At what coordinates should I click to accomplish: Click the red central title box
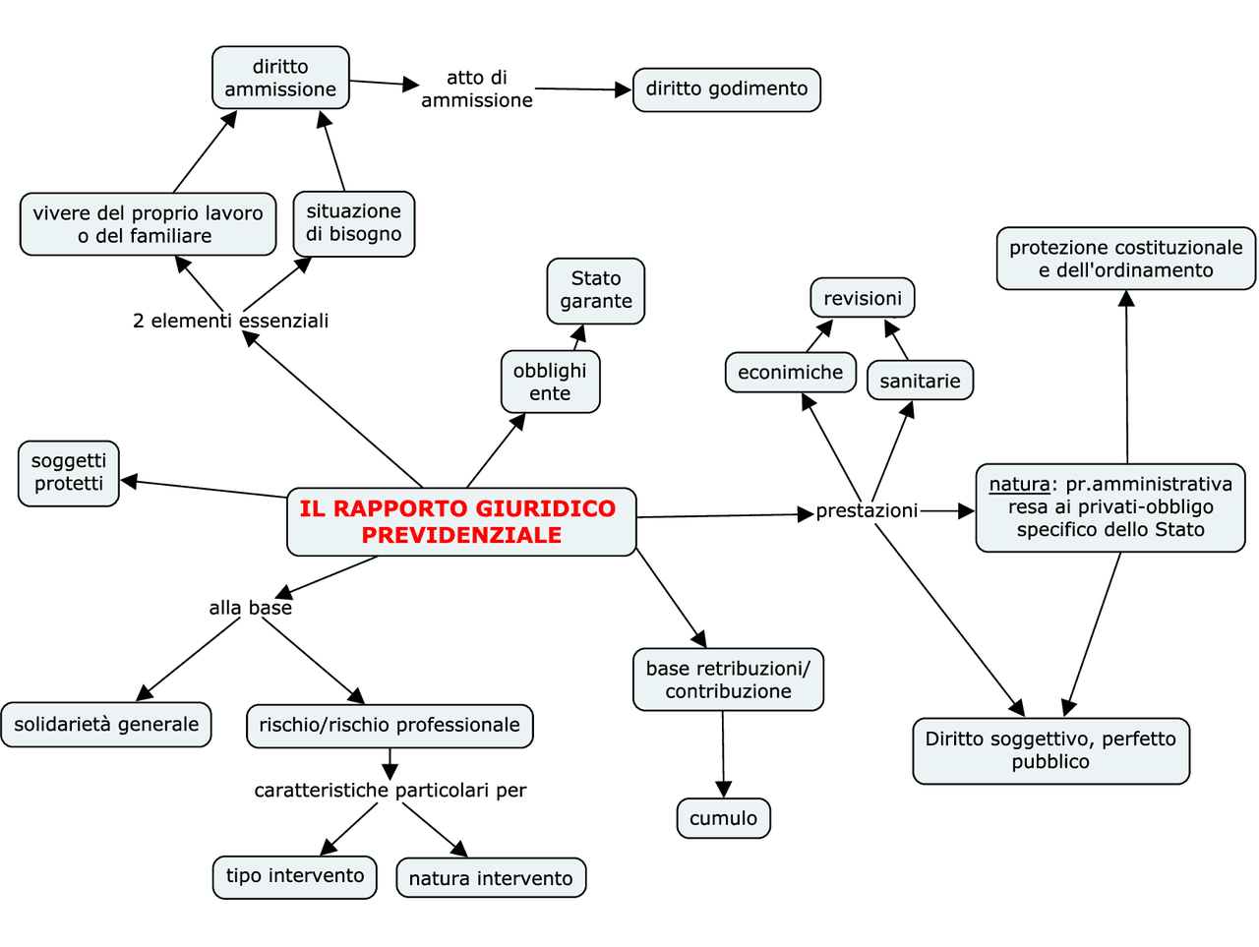coord(461,522)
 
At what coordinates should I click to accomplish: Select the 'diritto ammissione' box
coord(280,78)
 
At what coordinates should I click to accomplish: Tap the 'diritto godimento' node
coord(726,89)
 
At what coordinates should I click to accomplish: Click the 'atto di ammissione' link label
coord(476,89)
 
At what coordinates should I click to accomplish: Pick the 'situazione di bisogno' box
coord(353,223)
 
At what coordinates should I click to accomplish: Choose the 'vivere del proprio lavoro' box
coord(148,224)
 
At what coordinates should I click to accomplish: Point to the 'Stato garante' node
coord(595,290)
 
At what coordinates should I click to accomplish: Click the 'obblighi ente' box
coord(550,382)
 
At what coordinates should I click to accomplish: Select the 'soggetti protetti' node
coord(69,473)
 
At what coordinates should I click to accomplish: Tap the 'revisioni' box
coord(862,298)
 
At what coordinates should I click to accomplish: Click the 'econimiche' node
coord(790,373)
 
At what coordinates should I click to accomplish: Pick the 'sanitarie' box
coord(920,381)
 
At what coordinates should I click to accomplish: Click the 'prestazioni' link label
coord(867,511)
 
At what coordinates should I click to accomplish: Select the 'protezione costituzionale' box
coord(1125,259)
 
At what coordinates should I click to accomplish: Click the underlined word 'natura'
coord(1019,484)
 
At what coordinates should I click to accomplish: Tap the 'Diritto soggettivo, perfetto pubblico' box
coord(1050,750)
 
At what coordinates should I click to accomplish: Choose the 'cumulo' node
coord(723,818)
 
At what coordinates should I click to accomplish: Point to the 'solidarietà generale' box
coord(106,725)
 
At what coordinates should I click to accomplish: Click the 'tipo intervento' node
coord(294,876)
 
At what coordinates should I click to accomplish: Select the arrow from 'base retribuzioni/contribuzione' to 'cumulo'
coord(723,753)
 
